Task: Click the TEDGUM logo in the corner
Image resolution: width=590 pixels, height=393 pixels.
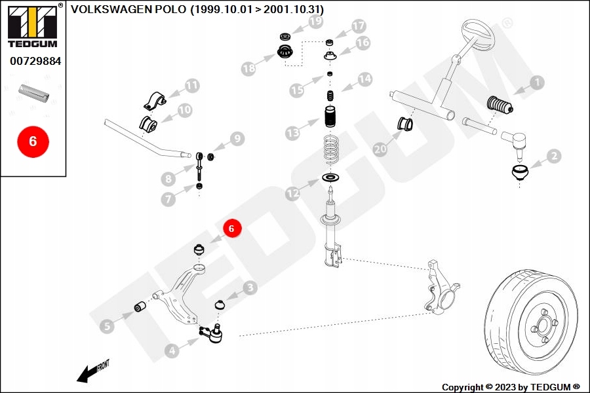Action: click(33, 26)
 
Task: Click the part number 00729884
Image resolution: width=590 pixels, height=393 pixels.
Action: click(35, 61)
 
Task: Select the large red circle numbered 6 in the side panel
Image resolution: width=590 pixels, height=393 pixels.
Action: click(33, 141)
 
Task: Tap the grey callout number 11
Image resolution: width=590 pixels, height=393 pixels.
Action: click(192, 86)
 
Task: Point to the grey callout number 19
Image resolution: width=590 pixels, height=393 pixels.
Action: click(316, 22)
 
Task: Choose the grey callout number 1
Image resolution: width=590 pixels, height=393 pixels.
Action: click(537, 83)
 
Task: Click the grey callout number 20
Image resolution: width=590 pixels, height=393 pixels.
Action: click(380, 149)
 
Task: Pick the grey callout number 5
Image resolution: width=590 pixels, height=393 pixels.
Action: click(108, 326)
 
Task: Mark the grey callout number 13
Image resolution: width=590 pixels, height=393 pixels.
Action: click(293, 133)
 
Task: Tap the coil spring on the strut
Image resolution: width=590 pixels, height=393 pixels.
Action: click(331, 151)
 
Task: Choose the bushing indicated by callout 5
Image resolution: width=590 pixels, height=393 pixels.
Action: click(140, 307)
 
